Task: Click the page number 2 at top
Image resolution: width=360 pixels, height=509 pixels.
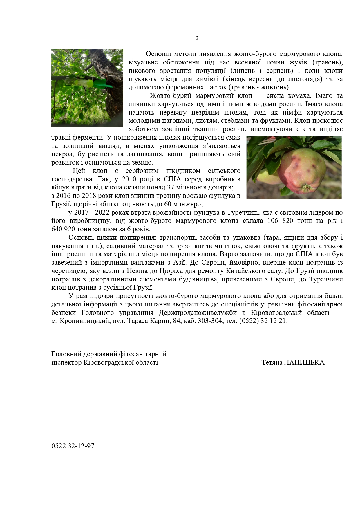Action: tap(197, 38)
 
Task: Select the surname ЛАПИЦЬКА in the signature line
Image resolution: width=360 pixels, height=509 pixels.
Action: tap(305, 362)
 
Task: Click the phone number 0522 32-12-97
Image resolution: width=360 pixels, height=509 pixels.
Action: tap(73, 446)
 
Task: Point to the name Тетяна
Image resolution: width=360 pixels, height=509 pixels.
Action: tap(272, 362)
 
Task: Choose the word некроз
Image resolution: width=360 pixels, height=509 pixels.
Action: tap(61, 154)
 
